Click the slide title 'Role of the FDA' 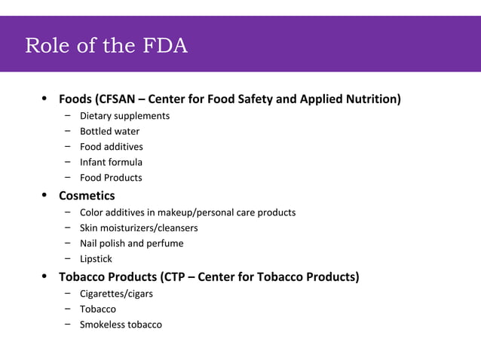106,46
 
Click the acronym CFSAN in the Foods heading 115,99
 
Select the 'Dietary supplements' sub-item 124,116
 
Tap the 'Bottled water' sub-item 109,131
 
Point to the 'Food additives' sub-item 111,147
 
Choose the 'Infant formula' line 111,162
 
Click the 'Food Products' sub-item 111,178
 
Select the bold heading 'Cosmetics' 87,196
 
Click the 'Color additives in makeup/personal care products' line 188,212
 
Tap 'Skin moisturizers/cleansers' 139,227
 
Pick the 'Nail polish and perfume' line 131,243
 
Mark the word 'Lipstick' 96,259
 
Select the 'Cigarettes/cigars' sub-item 116,294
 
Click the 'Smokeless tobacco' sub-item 121,325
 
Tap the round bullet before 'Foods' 44,99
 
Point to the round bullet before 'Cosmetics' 44,195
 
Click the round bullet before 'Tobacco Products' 44,276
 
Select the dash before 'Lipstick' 68,258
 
